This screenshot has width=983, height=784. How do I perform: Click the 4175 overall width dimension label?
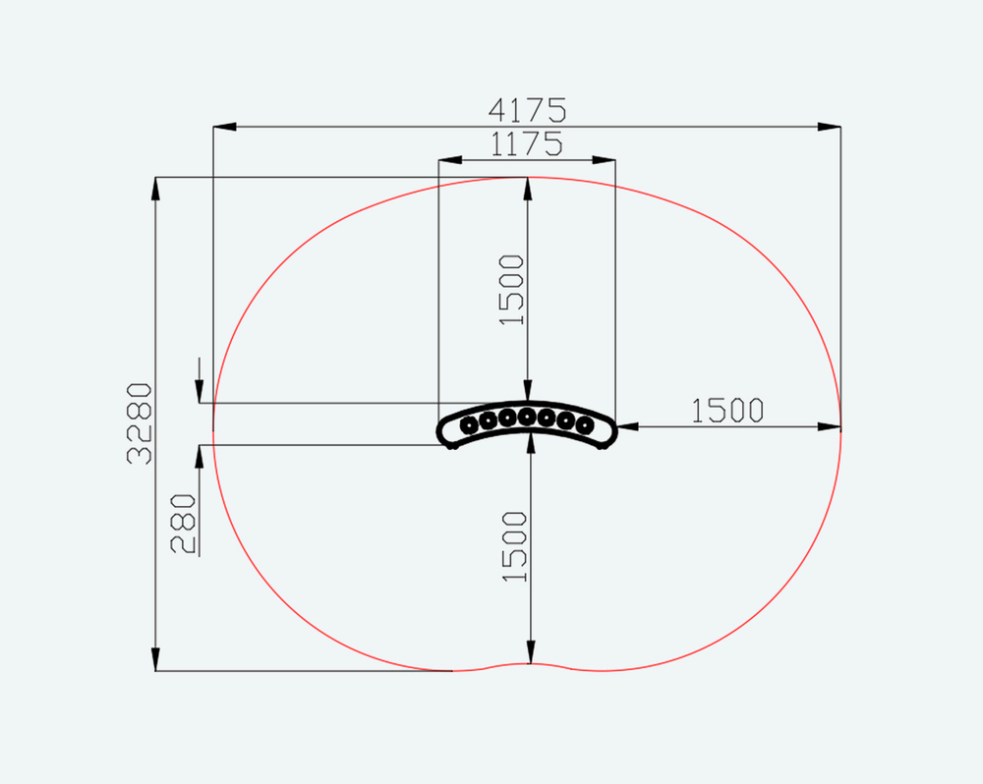(x=527, y=110)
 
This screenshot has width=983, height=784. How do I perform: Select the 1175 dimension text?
(x=526, y=144)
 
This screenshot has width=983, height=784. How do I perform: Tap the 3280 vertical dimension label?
(x=140, y=423)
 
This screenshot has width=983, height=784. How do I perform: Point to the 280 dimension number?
(x=183, y=524)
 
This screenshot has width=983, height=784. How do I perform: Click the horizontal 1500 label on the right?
(x=727, y=411)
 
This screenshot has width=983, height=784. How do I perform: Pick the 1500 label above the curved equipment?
(x=511, y=290)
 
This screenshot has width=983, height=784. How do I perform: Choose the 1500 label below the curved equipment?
(x=515, y=546)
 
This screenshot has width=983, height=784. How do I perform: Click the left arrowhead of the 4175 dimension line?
(x=225, y=127)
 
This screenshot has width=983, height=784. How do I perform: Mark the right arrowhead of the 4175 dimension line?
(x=829, y=127)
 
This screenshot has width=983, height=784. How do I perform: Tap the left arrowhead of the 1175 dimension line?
(x=450, y=160)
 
